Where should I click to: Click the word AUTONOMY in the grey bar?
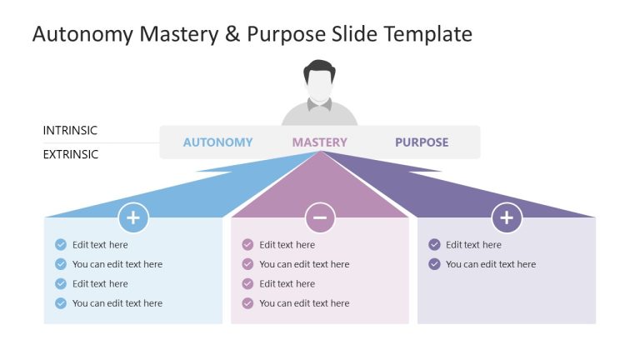tap(217, 142)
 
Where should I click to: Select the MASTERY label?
tap(319, 142)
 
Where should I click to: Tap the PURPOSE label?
tap(422, 142)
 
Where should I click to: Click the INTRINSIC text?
tap(70, 131)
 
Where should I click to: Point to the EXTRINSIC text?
tap(71, 154)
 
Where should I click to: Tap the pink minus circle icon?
tap(320, 218)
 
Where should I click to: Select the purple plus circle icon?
tap(507, 218)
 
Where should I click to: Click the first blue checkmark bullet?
tap(61, 245)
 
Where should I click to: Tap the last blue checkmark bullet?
tap(61, 303)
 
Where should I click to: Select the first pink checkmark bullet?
tap(247, 245)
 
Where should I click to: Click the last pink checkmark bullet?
tap(247, 303)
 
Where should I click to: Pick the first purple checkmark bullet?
tap(434, 245)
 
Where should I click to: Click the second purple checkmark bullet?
tap(434, 264)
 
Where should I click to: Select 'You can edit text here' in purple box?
tap(491, 264)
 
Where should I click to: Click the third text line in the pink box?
tap(287, 284)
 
